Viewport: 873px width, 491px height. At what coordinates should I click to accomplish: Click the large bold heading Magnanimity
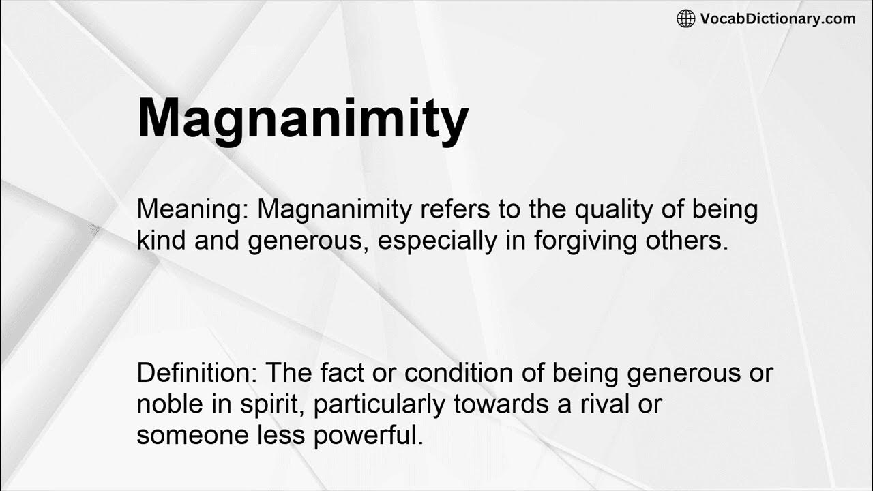[x=303, y=120]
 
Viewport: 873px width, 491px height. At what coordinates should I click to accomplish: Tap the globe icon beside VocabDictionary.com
[x=685, y=19]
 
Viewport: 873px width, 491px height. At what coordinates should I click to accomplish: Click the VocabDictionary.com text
[x=778, y=19]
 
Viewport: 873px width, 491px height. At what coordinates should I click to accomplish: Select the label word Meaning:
[x=193, y=209]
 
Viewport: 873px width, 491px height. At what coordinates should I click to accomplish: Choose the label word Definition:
[x=197, y=373]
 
